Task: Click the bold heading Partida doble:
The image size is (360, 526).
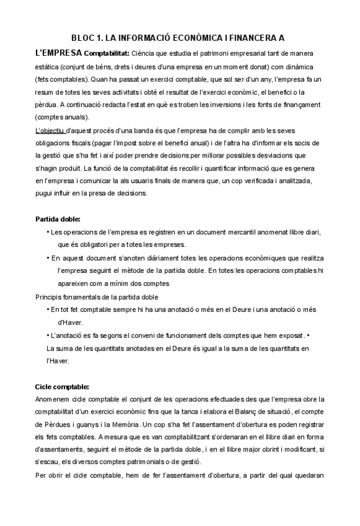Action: click(x=58, y=219)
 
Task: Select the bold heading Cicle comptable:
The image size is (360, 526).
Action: click(x=62, y=386)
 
